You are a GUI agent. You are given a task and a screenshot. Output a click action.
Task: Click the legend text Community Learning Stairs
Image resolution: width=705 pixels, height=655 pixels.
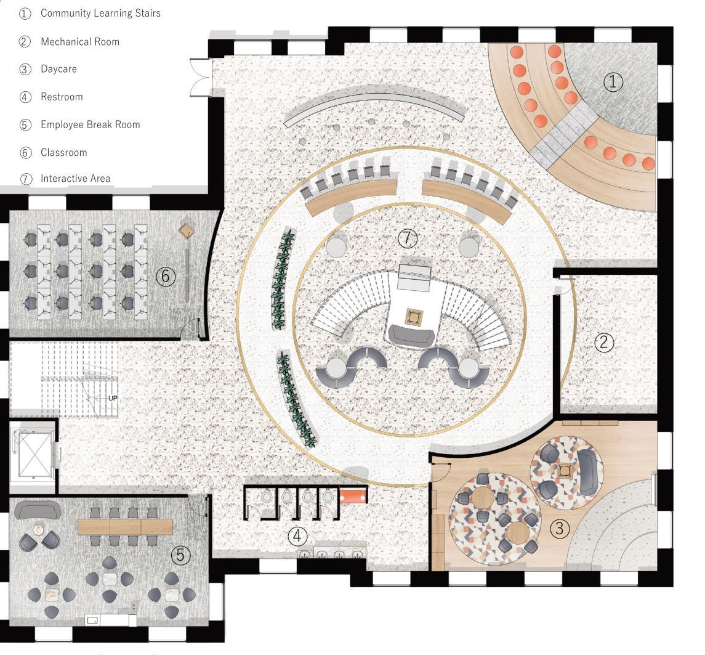[x=100, y=13]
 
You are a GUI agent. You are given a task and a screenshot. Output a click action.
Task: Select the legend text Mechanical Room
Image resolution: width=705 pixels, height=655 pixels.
[x=80, y=42]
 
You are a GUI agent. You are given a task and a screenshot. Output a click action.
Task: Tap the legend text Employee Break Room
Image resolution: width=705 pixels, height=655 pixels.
[x=91, y=124]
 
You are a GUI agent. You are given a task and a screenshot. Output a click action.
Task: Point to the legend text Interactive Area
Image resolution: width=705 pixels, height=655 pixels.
[x=76, y=179]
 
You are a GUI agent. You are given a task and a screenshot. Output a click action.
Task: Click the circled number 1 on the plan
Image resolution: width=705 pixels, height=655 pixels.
[x=613, y=81]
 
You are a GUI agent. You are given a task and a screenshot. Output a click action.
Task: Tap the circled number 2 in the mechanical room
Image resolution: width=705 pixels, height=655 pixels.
[x=603, y=343]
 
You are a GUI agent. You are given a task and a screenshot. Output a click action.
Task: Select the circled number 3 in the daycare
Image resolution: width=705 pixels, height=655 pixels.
[x=559, y=528]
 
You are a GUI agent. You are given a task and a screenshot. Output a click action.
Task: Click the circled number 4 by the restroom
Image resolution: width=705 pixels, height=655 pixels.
[x=297, y=536]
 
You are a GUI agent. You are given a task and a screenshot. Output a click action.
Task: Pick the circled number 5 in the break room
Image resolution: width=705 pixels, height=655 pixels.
[x=180, y=555]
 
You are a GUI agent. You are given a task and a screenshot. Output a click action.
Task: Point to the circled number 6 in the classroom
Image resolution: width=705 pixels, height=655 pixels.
[x=165, y=276]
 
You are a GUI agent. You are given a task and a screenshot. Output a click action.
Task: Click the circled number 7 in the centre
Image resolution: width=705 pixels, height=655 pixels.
[x=407, y=237]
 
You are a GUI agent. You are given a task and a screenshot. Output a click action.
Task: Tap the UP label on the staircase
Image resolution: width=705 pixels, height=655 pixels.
[x=113, y=398]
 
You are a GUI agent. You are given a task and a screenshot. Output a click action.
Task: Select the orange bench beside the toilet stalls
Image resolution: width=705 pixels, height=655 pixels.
[x=353, y=495]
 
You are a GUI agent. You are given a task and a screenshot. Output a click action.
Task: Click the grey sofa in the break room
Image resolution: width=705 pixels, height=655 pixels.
[x=38, y=510]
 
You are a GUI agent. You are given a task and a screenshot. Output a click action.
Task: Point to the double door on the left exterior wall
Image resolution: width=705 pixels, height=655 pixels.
[x=199, y=77]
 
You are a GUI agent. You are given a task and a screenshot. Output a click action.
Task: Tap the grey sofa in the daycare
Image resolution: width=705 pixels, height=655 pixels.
[x=587, y=470]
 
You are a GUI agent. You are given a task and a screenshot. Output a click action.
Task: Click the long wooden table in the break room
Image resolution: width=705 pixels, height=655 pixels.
[x=126, y=527]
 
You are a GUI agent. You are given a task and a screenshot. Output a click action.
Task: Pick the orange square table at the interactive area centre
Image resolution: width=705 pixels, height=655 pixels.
[x=413, y=317]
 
